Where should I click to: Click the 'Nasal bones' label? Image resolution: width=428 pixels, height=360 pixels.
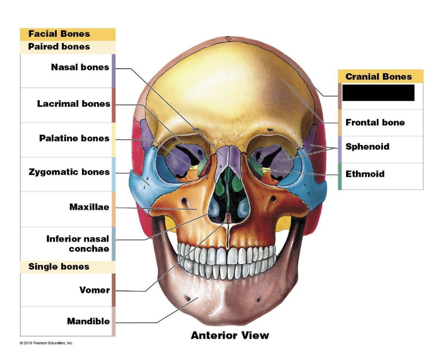80,68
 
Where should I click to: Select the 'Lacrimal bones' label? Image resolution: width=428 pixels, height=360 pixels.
74,103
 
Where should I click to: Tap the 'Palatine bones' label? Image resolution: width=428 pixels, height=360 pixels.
74,138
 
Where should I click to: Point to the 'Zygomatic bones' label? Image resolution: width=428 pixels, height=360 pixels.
69,172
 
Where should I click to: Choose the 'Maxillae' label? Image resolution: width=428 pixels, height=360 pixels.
89,208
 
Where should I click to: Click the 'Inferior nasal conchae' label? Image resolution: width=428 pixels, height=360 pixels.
78,244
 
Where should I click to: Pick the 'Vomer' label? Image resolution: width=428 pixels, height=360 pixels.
95,290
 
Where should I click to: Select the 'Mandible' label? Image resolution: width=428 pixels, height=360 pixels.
88,321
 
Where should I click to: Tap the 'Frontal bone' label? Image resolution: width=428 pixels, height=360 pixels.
375,123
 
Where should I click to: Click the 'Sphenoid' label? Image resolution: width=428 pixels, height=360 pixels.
367,147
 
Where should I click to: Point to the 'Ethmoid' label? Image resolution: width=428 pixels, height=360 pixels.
365,174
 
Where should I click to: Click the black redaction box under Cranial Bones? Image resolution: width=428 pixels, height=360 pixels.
378,93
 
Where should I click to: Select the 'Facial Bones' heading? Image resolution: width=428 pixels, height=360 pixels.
59,34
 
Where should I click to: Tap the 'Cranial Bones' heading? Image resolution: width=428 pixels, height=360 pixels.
378,77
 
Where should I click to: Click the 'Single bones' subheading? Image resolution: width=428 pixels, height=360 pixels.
58,267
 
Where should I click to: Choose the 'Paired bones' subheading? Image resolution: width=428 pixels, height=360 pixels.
59,47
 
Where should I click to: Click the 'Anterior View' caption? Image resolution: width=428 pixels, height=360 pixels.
230,335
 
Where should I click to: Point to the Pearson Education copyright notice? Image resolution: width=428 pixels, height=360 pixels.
46,343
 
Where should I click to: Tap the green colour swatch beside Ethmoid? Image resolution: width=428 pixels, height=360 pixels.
339,176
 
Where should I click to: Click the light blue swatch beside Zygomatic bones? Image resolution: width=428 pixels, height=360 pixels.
113,174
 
